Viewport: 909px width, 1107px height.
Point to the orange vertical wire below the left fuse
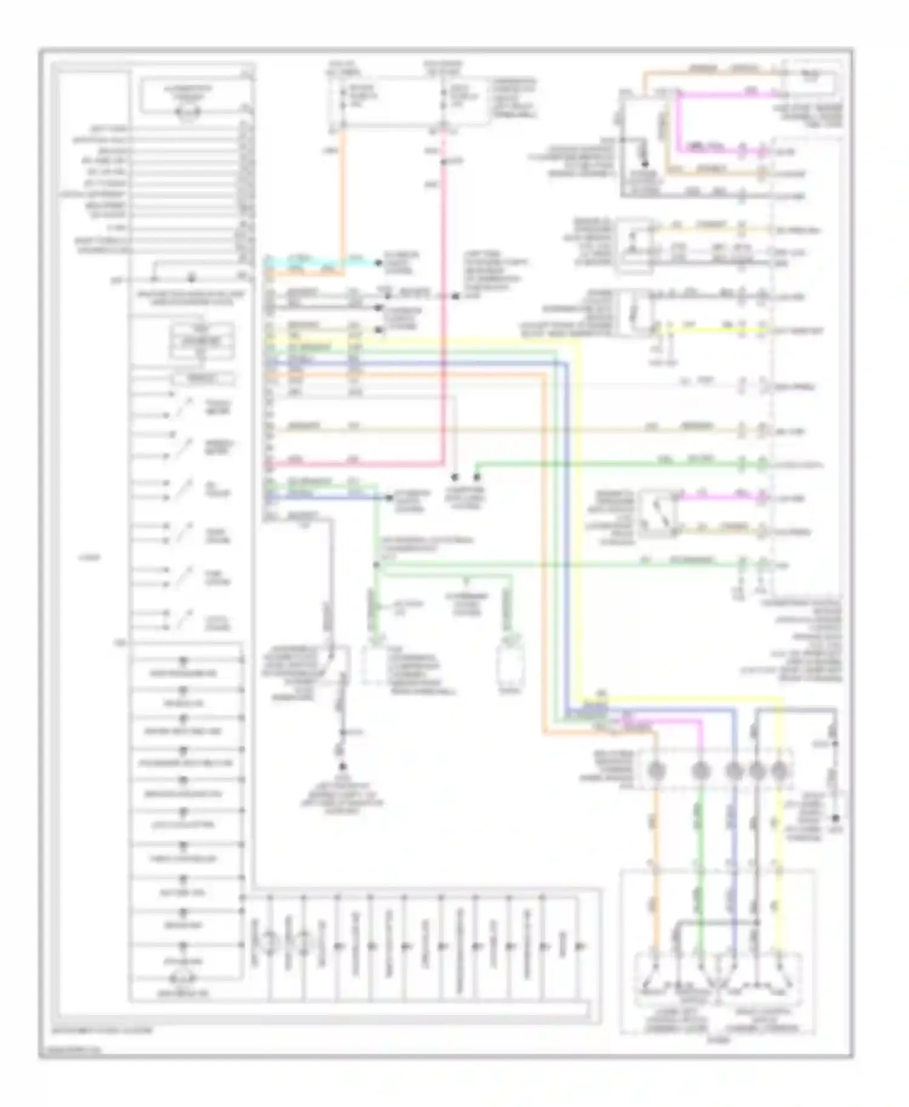(x=343, y=194)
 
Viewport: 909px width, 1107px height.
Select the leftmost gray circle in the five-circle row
(x=655, y=771)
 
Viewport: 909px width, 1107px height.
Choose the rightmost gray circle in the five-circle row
(x=779, y=771)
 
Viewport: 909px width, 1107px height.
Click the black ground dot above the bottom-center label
(x=342, y=766)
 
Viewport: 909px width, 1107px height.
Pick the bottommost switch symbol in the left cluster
(x=182, y=621)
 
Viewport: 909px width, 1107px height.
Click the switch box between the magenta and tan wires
(x=658, y=515)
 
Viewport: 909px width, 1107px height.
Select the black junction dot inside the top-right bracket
(x=645, y=164)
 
